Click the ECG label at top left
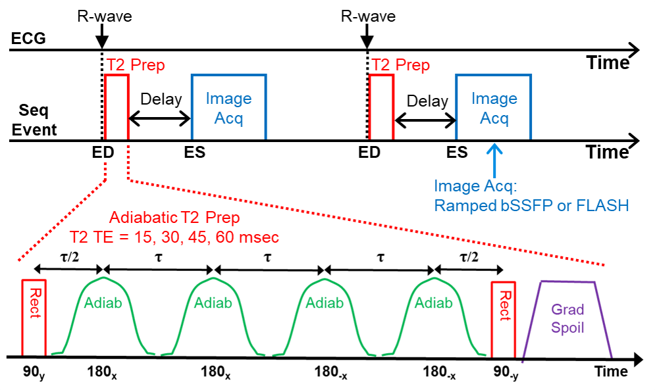(x=28, y=39)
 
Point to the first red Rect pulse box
(x=34, y=318)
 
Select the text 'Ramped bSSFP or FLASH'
(x=531, y=205)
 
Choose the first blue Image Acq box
(x=228, y=107)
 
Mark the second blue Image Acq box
(x=494, y=107)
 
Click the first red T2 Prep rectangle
(x=117, y=107)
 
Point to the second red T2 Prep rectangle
(x=381, y=107)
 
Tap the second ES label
(x=456, y=153)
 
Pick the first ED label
(x=103, y=153)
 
